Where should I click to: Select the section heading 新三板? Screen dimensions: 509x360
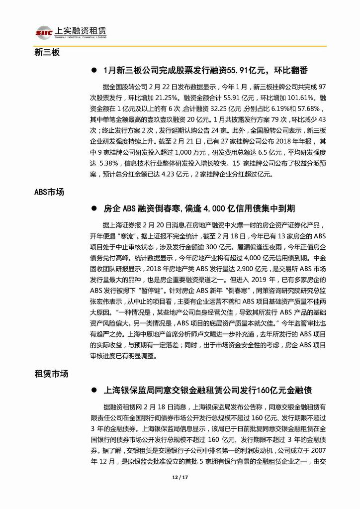[x=47, y=52]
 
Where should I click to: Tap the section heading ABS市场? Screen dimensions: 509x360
[x=49, y=191]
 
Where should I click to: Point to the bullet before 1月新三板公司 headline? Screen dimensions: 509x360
[x=93, y=69]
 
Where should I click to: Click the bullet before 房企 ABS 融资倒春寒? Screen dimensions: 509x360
[x=93, y=209]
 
